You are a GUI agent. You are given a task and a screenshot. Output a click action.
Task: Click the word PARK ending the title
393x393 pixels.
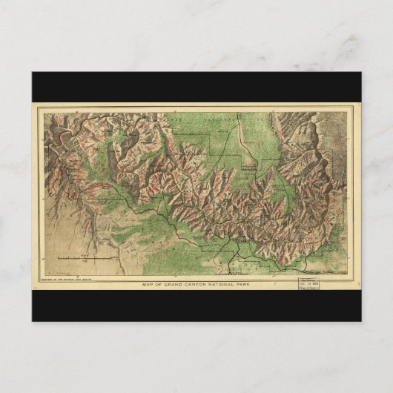250,285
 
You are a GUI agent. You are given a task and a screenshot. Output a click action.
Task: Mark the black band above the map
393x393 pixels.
196,87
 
